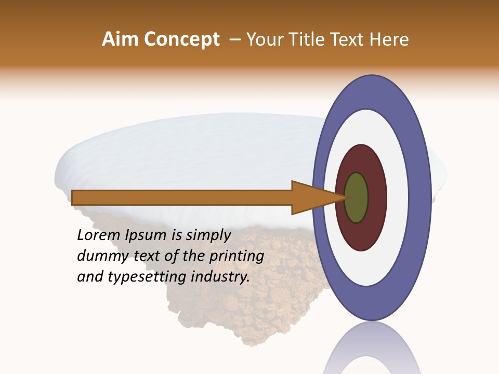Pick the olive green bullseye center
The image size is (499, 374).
(x=356, y=198)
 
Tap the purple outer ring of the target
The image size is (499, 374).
(x=421, y=198)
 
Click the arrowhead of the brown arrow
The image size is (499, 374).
(x=312, y=198)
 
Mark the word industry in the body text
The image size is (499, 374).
(x=220, y=277)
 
